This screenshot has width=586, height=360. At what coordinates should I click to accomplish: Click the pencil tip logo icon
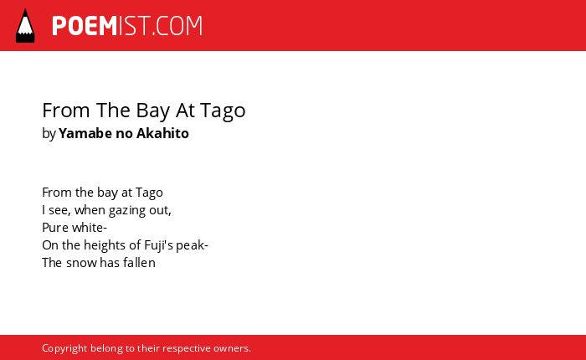(x=25, y=26)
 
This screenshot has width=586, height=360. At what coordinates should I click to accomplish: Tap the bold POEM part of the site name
(x=85, y=26)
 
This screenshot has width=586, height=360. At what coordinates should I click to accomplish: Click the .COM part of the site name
(x=177, y=26)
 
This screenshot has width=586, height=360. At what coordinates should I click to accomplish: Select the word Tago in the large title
(x=223, y=111)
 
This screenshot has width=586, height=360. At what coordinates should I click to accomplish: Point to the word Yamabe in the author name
(x=85, y=133)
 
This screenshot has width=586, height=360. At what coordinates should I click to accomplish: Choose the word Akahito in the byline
(x=162, y=133)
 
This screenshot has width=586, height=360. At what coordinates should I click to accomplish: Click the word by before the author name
(x=49, y=134)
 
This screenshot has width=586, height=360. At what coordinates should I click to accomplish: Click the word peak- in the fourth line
(x=192, y=245)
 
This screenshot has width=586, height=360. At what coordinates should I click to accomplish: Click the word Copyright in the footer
(x=64, y=348)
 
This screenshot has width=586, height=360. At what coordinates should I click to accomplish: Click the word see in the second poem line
(x=59, y=210)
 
